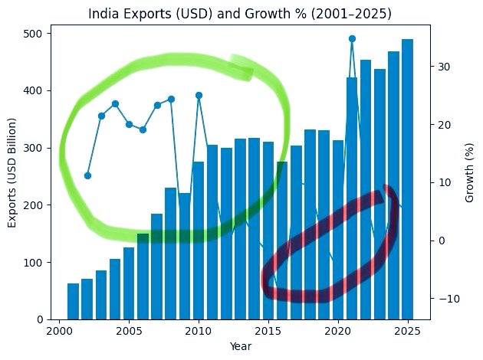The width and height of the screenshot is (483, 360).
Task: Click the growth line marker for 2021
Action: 352,38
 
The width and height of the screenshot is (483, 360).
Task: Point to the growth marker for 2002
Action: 87,175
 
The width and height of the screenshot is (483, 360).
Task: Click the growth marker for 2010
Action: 199,96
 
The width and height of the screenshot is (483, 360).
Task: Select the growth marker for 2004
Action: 115,103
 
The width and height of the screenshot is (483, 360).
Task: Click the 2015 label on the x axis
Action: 268,331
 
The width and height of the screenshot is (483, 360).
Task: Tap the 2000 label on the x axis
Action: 60,331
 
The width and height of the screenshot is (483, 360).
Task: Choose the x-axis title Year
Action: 241,346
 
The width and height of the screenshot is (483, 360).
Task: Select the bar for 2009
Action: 185,256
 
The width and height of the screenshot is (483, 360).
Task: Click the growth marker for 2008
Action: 171,99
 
